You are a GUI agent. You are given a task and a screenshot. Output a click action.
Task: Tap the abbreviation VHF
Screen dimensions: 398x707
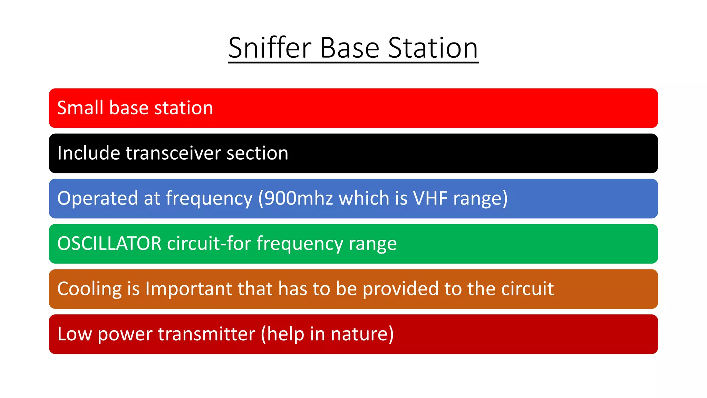click(x=430, y=198)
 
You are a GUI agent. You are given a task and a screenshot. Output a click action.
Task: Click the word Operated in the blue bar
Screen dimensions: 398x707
click(x=98, y=198)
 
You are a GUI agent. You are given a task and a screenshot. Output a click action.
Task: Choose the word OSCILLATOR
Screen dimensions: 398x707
click(x=109, y=244)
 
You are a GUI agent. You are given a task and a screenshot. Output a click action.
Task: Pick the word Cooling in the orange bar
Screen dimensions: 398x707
click(x=89, y=289)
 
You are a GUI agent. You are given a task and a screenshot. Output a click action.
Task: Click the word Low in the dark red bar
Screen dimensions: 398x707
click(x=75, y=334)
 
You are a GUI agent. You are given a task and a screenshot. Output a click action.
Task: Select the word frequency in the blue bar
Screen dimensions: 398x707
click(x=209, y=198)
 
